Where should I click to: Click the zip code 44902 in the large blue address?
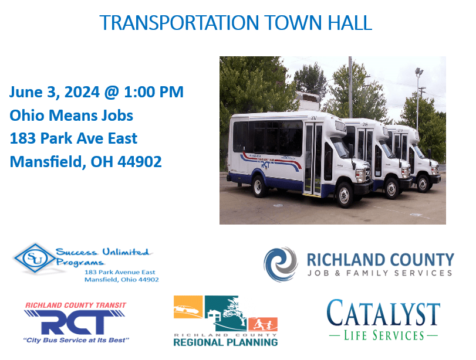140,162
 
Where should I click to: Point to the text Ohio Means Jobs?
72,116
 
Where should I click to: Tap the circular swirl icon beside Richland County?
281,264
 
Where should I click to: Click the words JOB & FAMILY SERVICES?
380,273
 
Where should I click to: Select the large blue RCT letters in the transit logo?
75,322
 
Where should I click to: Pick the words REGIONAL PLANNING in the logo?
225,342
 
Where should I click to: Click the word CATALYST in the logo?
383,313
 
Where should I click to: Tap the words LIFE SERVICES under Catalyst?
383,336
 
